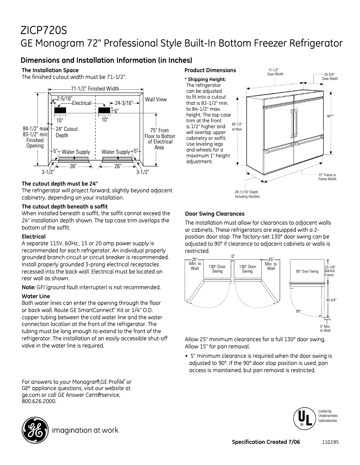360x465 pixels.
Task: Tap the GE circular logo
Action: tap(35, 430)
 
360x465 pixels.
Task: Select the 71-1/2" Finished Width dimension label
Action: tap(95, 89)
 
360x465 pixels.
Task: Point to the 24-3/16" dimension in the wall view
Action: tap(123, 103)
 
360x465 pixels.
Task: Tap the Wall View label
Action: tap(156, 99)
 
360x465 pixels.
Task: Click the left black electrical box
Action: tap(60, 110)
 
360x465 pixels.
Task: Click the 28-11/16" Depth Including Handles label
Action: tap(247, 194)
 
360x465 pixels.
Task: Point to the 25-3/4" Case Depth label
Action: tap(330, 76)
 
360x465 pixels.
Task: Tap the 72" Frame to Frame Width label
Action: tap(327, 177)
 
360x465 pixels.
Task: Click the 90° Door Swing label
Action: tap(307, 271)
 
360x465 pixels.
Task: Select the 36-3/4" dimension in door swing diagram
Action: tap(331, 300)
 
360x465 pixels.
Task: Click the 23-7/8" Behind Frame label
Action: tap(330, 270)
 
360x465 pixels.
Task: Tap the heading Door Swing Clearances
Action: tap(215, 214)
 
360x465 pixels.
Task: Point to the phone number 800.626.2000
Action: tap(39, 401)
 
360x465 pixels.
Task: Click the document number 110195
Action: tap(330, 442)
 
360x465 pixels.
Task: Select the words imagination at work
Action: tap(85, 430)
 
